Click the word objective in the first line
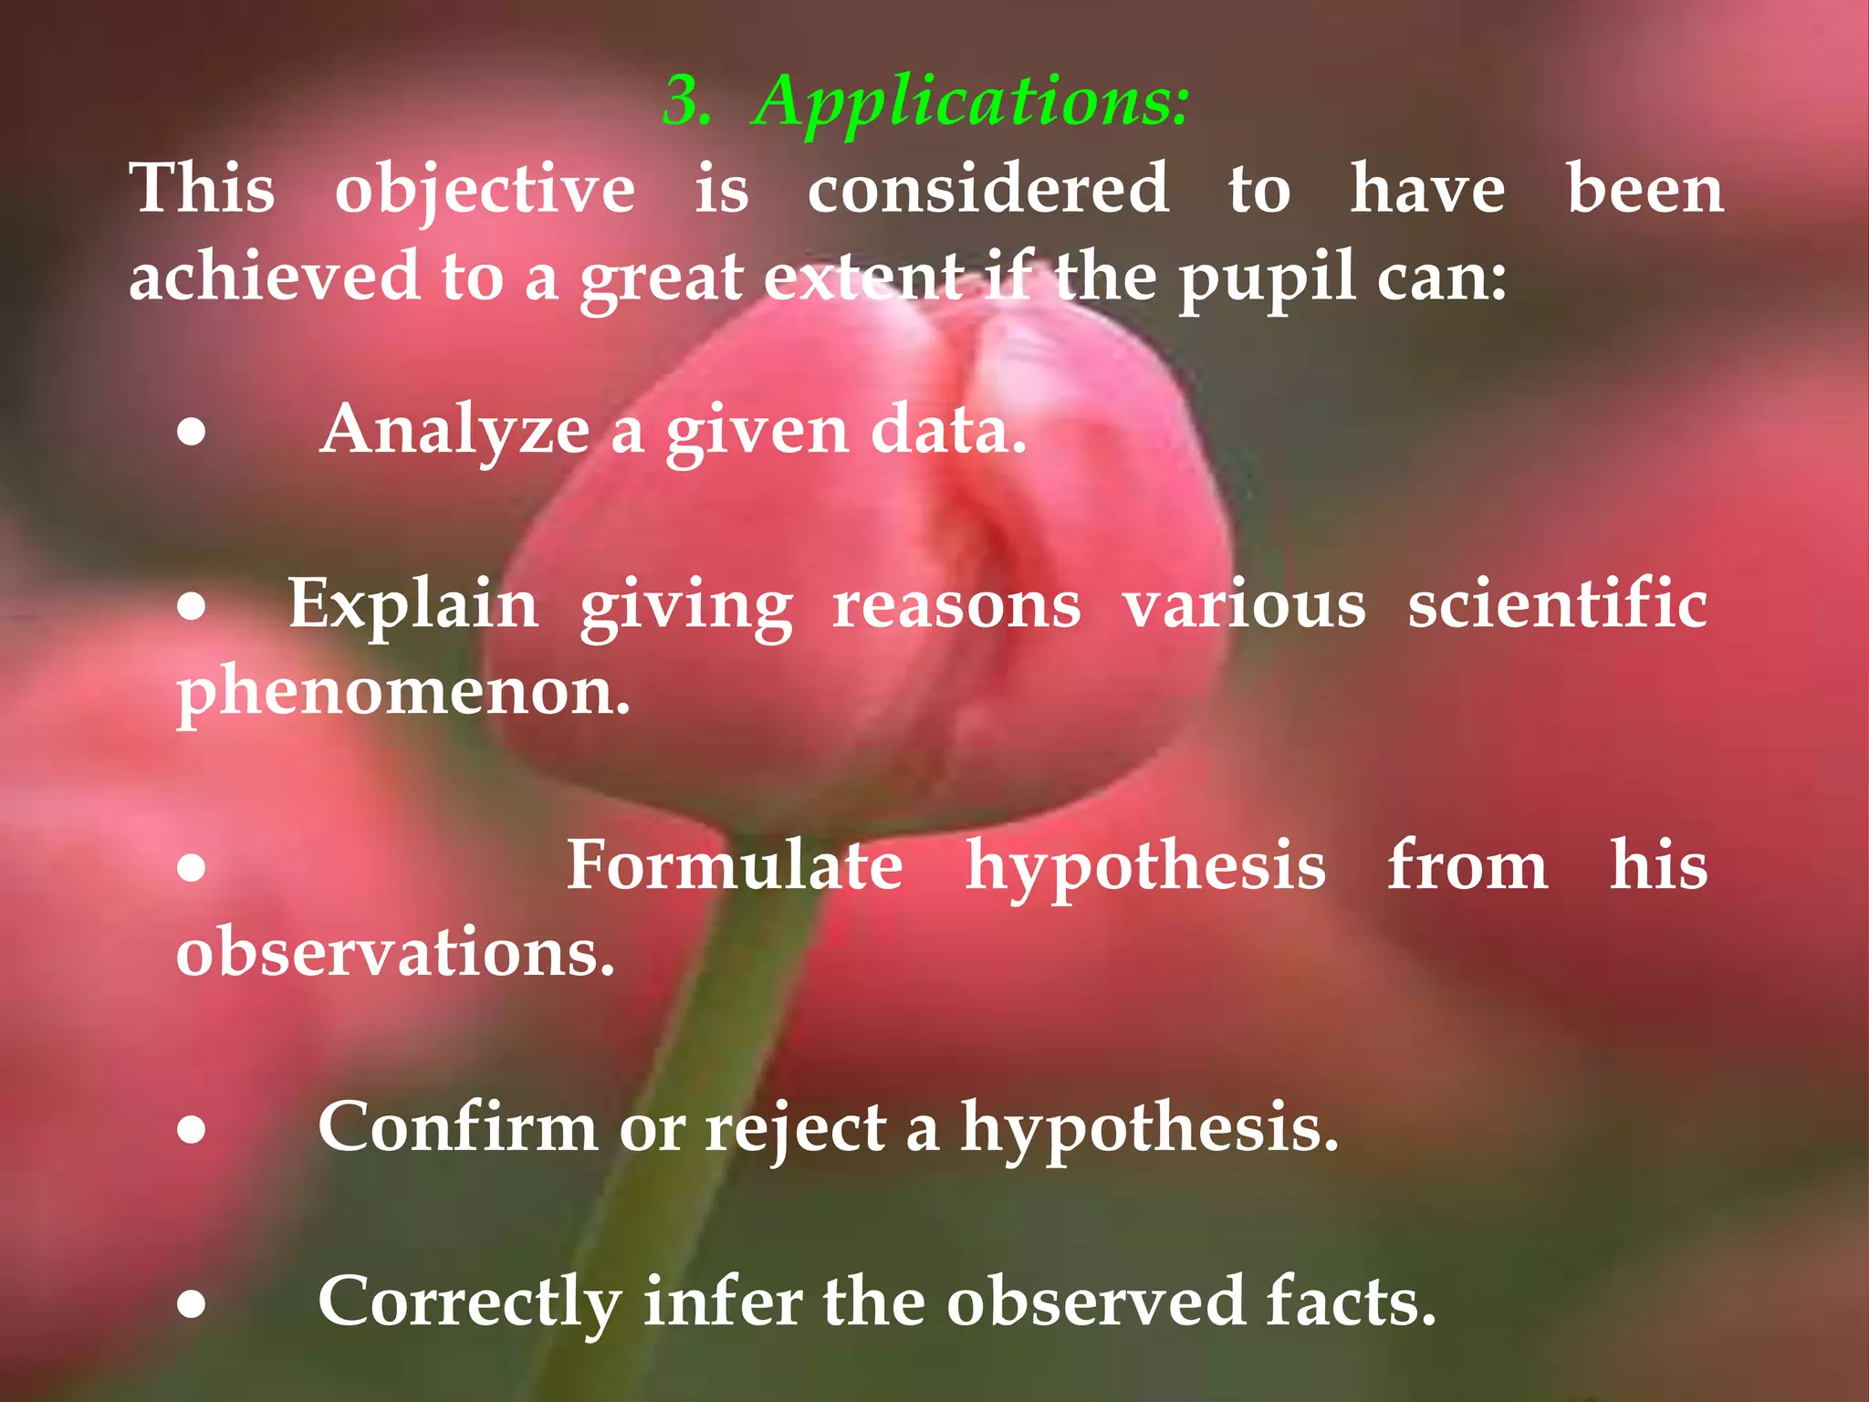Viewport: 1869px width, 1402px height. tap(485, 190)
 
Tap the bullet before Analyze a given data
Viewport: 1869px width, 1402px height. tap(192, 434)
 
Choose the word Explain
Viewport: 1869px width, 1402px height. tap(413, 605)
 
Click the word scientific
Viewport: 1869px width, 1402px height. tap(1557, 604)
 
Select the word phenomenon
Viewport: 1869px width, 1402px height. tap(402, 692)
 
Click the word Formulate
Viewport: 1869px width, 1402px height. tap(735, 865)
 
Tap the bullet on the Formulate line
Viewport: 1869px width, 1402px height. tap(192, 867)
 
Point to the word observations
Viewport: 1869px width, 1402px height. tap(395, 952)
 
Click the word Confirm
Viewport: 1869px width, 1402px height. tap(457, 1127)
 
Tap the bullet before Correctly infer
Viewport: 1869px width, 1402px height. tap(192, 1305)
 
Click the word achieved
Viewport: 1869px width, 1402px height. tap(274, 277)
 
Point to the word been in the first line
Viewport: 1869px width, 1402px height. tap(1645, 190)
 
